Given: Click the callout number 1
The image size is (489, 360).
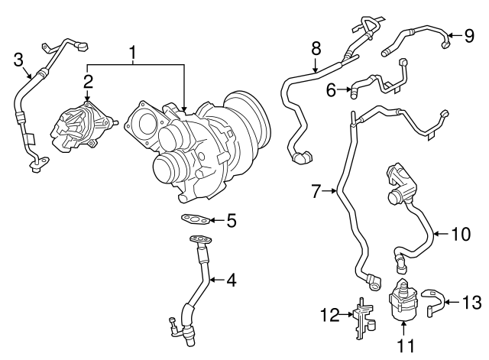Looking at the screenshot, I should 133,53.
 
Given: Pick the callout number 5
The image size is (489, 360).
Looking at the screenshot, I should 231,221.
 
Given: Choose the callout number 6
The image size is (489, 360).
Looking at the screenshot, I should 332,90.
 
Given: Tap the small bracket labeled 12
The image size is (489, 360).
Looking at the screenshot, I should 361,315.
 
